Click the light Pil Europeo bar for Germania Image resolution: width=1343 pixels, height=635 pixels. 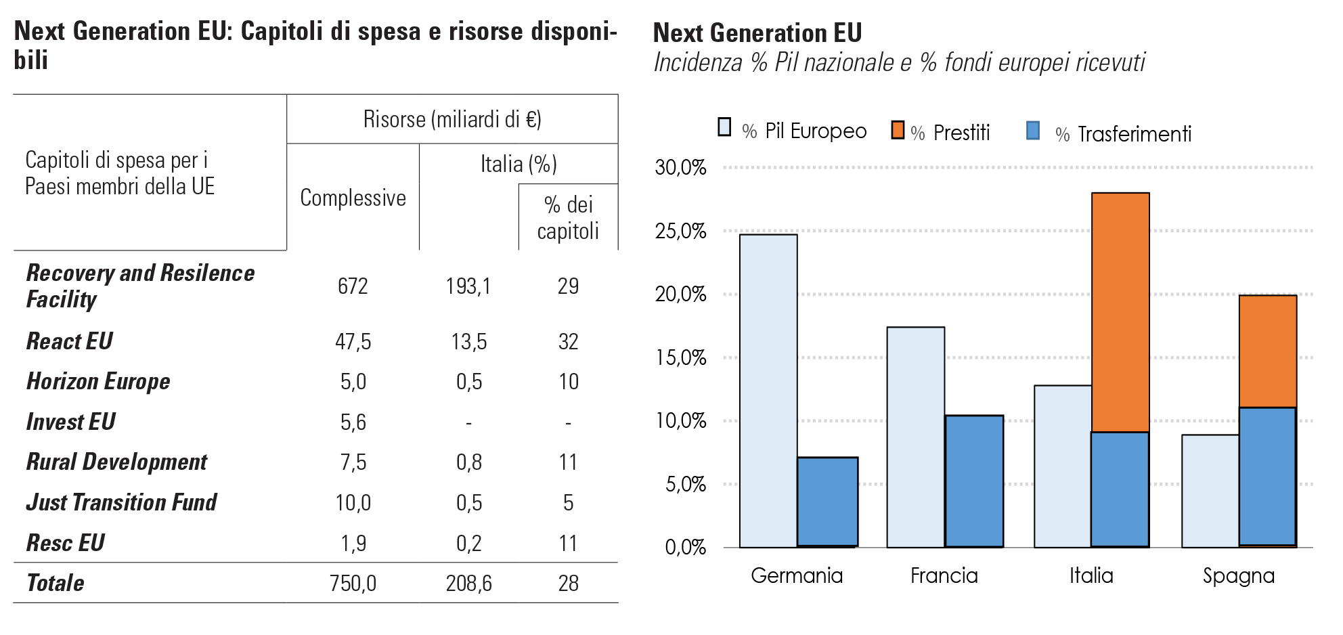pyautogui.click(x=768, y=391)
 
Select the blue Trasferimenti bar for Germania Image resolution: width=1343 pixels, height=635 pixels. pyautogui.click(x=827, y=502)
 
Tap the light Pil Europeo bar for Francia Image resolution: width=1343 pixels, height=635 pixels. pyautogui.click(x=915, y=437)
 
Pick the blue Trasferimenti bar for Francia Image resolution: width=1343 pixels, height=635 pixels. pyautogui.click(x=974, y=481)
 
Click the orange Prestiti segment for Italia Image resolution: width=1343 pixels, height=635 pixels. pyautogui.click(x=1120, y=312)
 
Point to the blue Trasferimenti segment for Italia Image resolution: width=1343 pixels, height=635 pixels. pyautogui.click(x=1120, y=489)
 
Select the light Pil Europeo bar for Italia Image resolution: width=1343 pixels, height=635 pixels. pyautogui.click(x=1063, y=466)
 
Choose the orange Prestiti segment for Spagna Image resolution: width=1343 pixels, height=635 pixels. pyautogui.click(x=1268, y=351)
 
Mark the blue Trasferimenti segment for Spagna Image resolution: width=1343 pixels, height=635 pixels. pyautogui.click(x=1268, y=477)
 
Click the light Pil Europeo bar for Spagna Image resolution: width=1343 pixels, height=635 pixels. pyautogui.click(x=1210, y=491)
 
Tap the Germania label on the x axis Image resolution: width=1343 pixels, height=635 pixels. pyautogui.click(x=797, y=575)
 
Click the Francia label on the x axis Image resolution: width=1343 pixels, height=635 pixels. pyautogui.click(x=944, y=575)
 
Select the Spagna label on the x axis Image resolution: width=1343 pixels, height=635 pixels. pyautogui.click(x=1238, y=576)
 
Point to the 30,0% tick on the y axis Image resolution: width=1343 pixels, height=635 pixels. pyautogui.click(x=680, y=167)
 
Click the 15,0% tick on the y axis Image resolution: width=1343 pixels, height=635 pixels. pyautogui.click(x=680, y=357)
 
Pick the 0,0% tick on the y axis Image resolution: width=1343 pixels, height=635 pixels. pyautogui.click(x=685, y=547)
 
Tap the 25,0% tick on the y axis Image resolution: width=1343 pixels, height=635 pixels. pyautogui.click(x=680, y=231)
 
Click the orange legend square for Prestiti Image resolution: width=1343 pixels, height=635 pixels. pyautogui.click(x=898, y=130)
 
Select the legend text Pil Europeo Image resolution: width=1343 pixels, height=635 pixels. pyautogui.click(x=816, y=131)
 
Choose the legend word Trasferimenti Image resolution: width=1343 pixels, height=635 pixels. pyautogui.click(x=1135, y=134)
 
